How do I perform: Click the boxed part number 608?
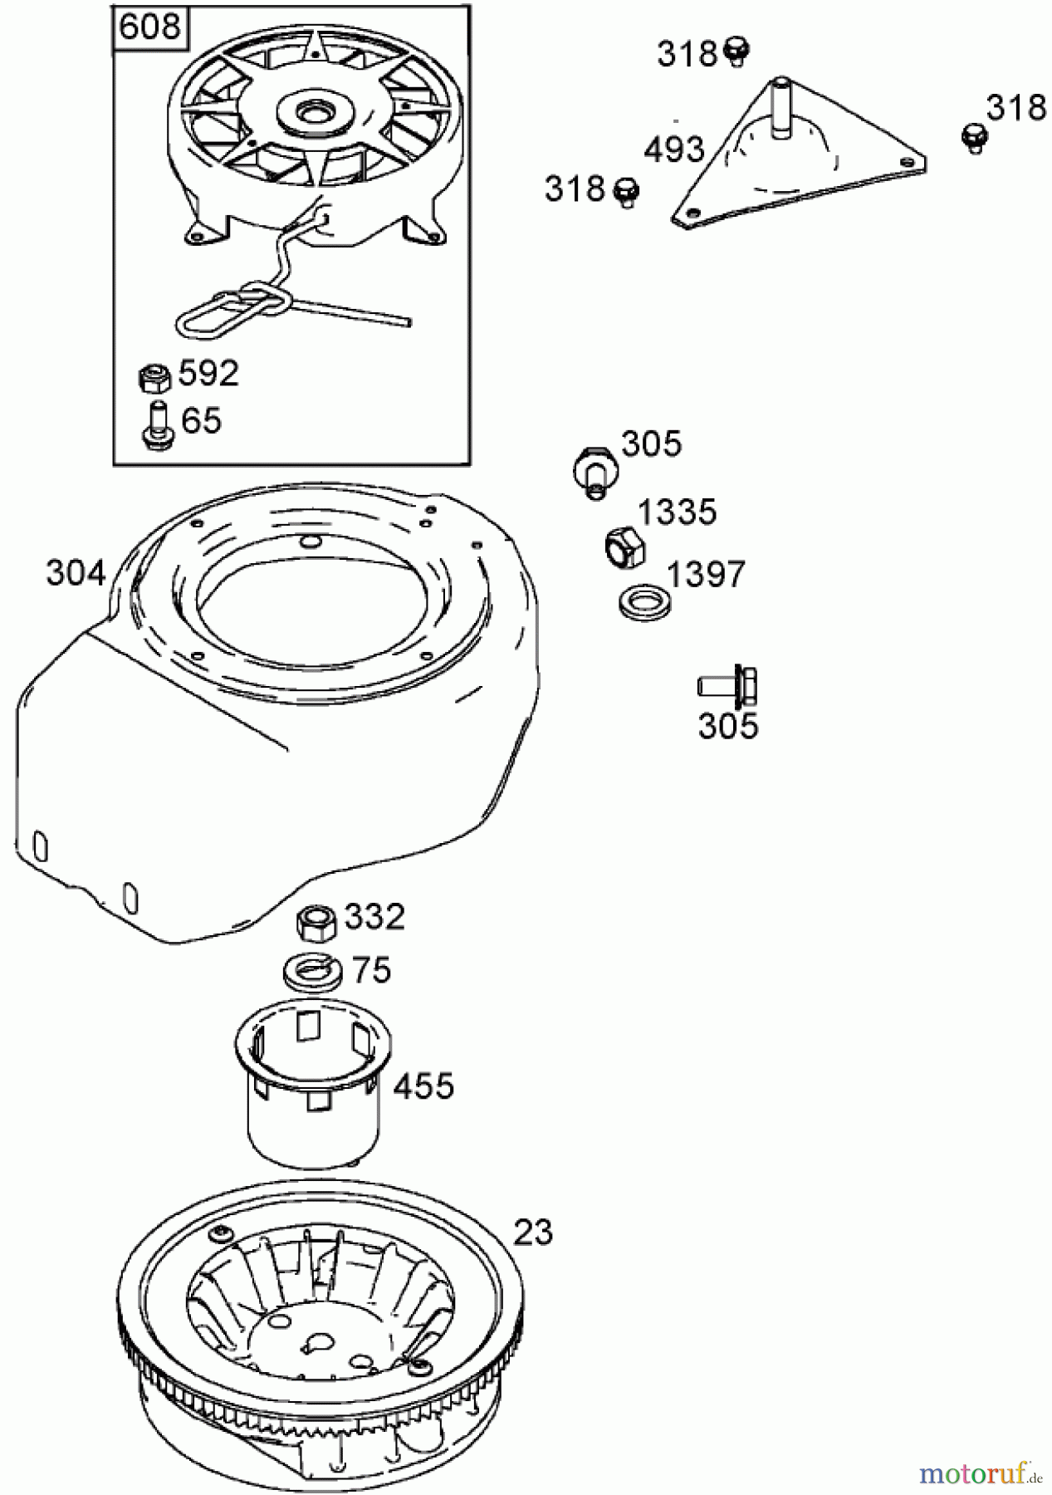149,27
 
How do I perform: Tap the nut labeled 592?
154,378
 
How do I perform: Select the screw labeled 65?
154,425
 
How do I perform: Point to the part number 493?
675,149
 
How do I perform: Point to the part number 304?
76,573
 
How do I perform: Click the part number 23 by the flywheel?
534,1233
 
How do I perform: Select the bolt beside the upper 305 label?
595,471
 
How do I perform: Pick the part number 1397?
707,574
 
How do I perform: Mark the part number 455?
423,1086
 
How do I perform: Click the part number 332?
374,918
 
